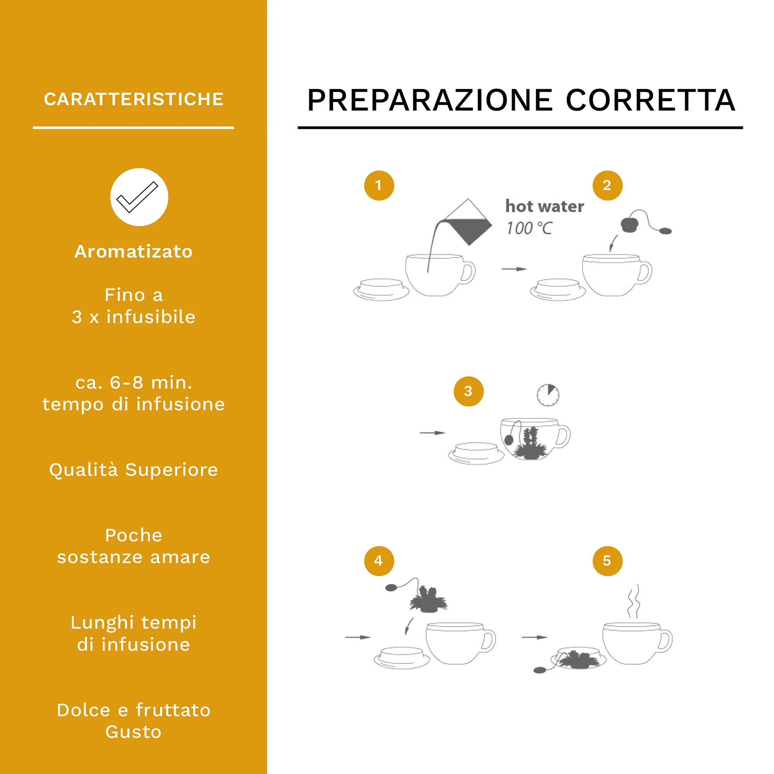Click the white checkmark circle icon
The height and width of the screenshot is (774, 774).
coord(139,197)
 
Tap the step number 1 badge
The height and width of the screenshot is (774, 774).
coord(379,186)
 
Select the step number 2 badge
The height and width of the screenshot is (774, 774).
coord(607,186)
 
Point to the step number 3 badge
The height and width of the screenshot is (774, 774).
coord(468,392)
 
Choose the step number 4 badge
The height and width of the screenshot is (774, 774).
coord(379,561)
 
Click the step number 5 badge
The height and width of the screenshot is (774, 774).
coord(607,561)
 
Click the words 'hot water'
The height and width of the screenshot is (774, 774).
coord(545,206)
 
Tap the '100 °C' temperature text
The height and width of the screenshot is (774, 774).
coord(530,228)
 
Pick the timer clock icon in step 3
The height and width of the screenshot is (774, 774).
coord(548,395)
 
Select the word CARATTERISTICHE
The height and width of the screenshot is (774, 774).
coord(134,99)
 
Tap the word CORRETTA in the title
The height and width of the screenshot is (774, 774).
coord(650,100)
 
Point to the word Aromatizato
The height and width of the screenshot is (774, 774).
coord(134,251)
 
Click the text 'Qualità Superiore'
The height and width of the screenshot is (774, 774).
coord(134,469)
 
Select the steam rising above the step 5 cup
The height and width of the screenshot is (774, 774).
coord(634,601)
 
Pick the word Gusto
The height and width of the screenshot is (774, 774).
coord(134,732)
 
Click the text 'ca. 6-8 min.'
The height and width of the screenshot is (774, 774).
coord(134,382)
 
